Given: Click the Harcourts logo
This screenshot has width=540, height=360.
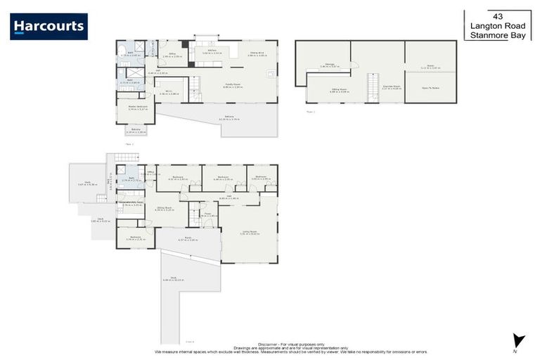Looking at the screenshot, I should point(49,27).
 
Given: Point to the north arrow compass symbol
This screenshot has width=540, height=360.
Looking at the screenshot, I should point(519,341).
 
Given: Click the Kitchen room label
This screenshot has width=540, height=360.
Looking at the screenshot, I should point(202,51).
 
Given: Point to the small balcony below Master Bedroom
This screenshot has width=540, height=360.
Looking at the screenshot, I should point(136,130).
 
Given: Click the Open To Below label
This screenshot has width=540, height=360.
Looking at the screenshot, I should point(430,88).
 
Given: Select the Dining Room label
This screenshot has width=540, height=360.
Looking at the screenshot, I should point(165,208).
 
